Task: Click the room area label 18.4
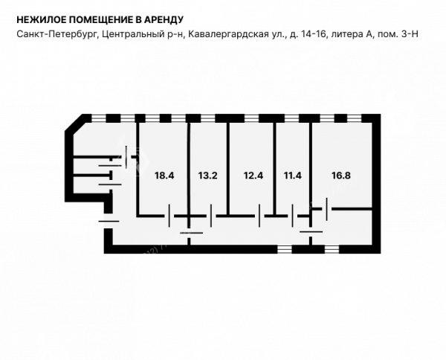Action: [x=164, y=176]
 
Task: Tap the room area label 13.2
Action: [x=207, y=176]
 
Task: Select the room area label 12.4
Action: [x=253, y=176]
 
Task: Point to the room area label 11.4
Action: [x=292, y=176]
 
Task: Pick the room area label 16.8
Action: [x=341, y=176]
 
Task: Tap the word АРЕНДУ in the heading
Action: [x=164, y=19]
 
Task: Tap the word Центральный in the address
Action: [x=133, y=34]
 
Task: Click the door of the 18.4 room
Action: [x=169, y=216]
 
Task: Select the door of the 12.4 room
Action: [x=259, y=216]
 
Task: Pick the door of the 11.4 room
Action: [x=292, y=216]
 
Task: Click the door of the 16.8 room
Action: [x=327, y=209]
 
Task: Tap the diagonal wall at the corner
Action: [x=74, y=123]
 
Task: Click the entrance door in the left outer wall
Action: [x=109, y=221]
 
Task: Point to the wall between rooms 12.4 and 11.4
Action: [x=274, y=169]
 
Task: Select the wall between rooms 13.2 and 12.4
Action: [x=228, y=169]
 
